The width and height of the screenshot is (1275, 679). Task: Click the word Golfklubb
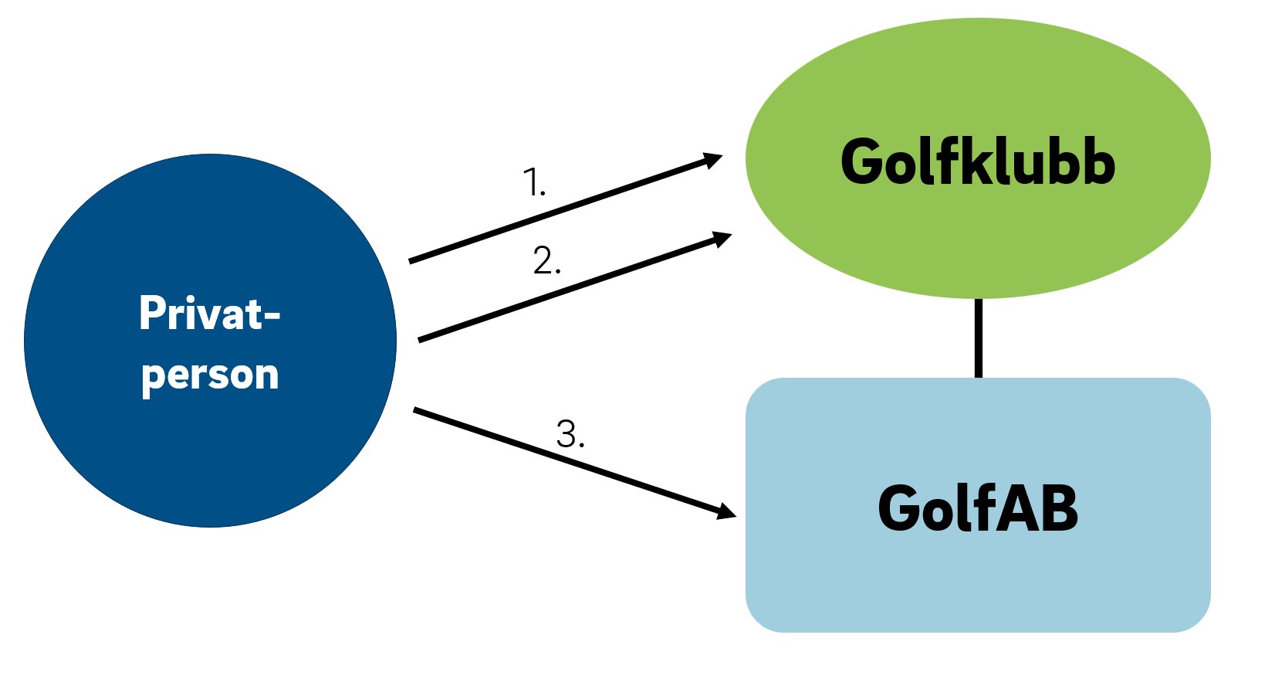[977, 161]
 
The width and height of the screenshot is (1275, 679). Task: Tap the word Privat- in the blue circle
[209, 313]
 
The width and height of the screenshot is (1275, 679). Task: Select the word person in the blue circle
[210, 375]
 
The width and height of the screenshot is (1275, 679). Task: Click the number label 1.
[534, 182]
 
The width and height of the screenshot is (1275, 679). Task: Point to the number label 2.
[547, 260]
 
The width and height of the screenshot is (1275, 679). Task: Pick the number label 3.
[570, 434]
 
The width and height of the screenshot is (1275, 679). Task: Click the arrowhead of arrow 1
[712, 160]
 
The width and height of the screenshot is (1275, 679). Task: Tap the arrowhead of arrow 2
[722, 239]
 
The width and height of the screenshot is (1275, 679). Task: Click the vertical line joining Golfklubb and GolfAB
[979, 338]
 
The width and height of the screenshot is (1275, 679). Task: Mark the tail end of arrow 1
[410, 261]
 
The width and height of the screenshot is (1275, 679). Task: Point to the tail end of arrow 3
[414, 409]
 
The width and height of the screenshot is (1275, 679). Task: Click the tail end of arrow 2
[420, 340]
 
